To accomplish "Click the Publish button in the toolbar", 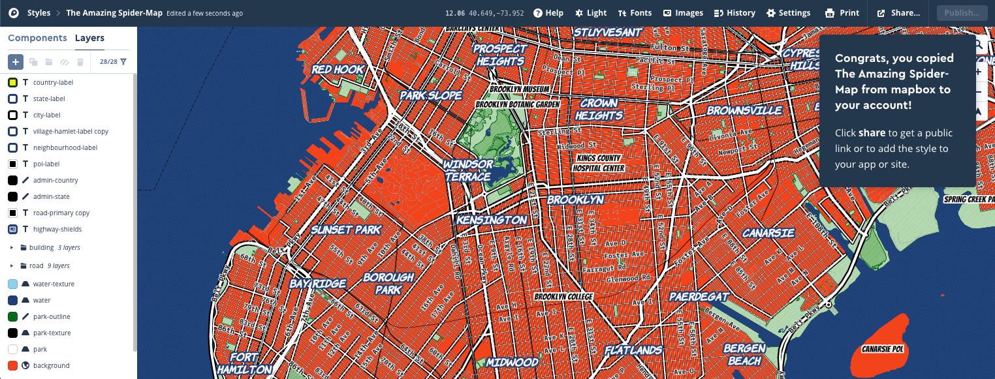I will [962, 13].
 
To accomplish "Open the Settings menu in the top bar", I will [788, 13].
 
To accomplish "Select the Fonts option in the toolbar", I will [635, 13].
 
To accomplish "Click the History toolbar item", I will [734, 13].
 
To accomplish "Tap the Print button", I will [842, 13].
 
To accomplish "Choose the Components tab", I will [37, 38].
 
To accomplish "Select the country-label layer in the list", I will [53, 83].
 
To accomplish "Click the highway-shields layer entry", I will [57, 230].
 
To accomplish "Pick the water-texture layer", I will [54, 284].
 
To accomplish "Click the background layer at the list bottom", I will [51, 366].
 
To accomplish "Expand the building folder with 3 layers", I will [12, 248].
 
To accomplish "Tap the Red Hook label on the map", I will [338, 70].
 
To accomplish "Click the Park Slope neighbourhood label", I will [431, 95].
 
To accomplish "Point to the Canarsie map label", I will [768, 233].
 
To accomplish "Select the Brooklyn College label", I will [563, 297].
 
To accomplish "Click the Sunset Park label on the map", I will [345, 230].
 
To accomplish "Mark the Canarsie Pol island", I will [881, 346].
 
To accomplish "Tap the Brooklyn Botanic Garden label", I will [518, 104].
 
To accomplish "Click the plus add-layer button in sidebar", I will [16, 62].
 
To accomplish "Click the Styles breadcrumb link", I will [39, 13].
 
